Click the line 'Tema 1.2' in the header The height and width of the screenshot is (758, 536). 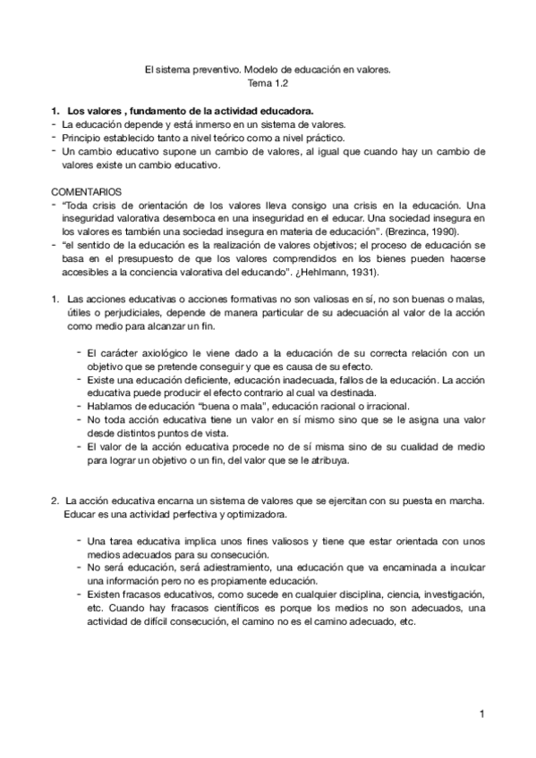268,80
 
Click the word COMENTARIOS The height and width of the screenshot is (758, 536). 88,191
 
